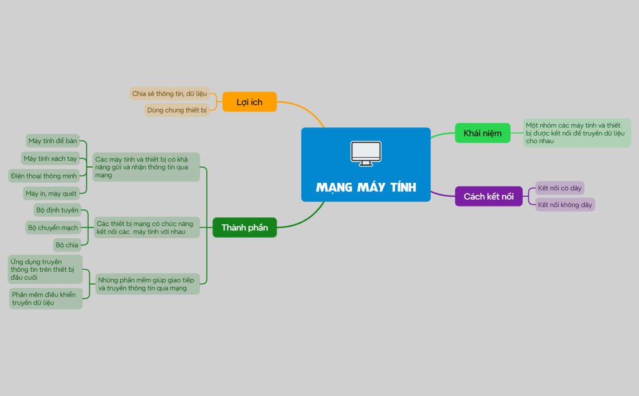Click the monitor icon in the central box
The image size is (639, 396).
click(366, 154)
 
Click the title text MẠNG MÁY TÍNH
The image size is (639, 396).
click(366, 187)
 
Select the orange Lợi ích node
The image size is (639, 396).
click(250, 102)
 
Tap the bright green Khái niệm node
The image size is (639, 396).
click(483, 133)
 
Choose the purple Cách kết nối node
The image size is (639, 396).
click(489, 196)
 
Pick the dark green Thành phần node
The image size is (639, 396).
click(245, 227)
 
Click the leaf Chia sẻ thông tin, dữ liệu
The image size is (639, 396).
click(169, 94)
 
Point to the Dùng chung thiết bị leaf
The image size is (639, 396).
click(177, 110)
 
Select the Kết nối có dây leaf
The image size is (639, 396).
click(560, 188)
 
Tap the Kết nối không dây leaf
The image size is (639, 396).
click(565, 205)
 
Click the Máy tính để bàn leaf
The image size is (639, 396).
click(53, 141)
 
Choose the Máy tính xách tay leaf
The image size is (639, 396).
click(50, 158)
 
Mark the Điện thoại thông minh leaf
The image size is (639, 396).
click(44, 176)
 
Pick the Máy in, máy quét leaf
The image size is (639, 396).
click(51, 193)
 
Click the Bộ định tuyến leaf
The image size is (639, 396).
click(57, 210)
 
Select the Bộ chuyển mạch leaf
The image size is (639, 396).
click(53, 228)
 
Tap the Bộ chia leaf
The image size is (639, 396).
click(67, 245)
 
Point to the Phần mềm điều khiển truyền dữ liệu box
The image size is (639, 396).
click(46, 299)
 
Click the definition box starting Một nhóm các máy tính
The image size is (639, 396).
click(577, 133)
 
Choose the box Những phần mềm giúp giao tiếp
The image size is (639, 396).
click(147, 284)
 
